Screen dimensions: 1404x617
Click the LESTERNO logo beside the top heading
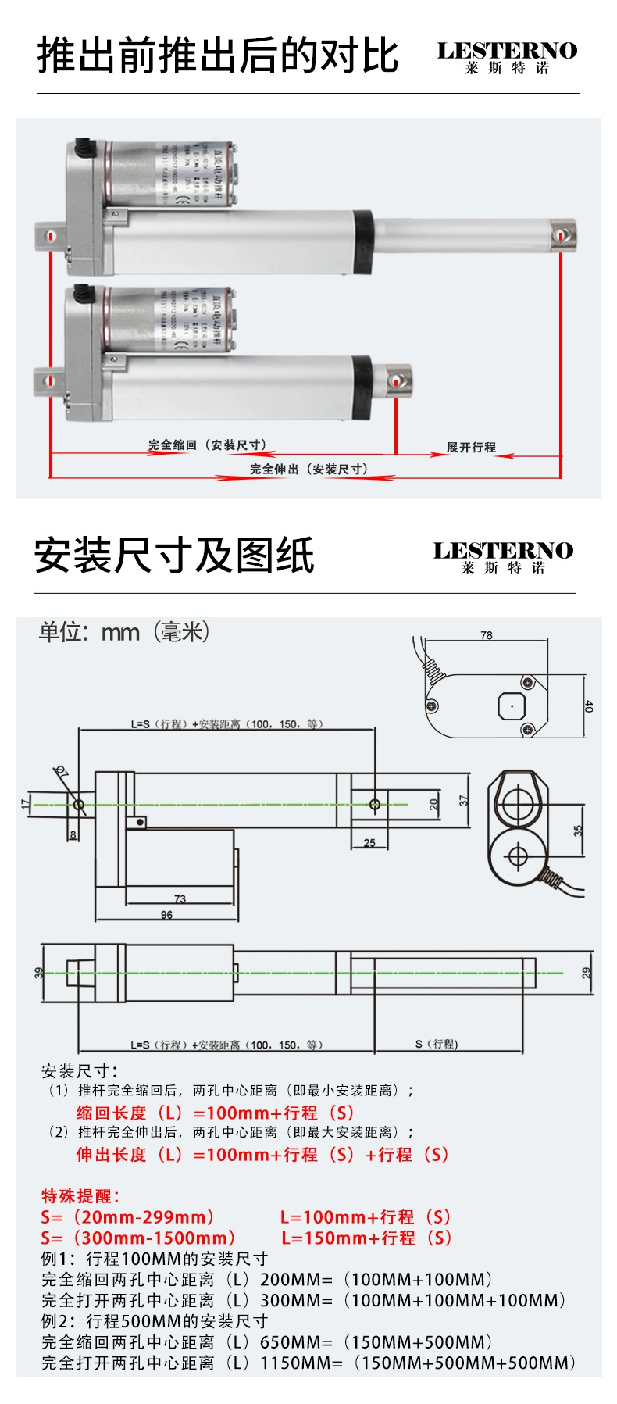point(506,57)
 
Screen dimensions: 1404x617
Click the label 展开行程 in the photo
point(471,448)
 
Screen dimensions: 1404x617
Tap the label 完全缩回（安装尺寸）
point(208,445)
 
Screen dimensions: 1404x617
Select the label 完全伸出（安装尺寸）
point(308,469)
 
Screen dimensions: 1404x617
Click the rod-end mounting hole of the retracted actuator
point(396,381)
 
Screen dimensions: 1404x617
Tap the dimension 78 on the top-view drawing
point(487,635)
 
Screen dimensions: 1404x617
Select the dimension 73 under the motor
point(180,898)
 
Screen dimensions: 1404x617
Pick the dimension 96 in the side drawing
point(166,915)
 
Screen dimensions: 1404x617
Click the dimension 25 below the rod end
point(369,842)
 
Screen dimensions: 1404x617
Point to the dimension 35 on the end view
point(578,830)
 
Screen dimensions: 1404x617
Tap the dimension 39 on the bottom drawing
point(38,973)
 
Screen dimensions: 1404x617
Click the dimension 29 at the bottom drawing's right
point(587,973)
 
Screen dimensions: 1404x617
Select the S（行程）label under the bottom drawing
point(437,1044)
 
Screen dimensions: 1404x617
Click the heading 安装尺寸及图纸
point(174,556)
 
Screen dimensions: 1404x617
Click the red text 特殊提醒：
point(80,1195)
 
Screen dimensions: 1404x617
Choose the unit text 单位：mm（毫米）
point(125,631)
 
